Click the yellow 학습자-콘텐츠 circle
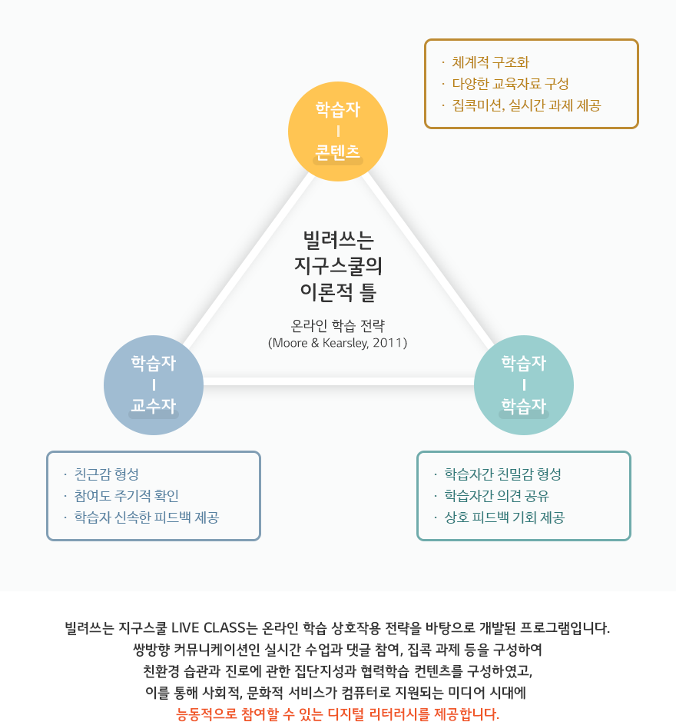(x=338, y=131)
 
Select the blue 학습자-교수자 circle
(x=154, y=385)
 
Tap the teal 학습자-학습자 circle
(x=524, y=385)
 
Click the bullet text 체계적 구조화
(x=491, y=62)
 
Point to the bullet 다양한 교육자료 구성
(x=510, y=84)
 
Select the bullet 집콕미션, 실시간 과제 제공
(x=526, y=105)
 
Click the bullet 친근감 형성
(x=106, y=474)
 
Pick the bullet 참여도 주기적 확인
(x=126, y=495)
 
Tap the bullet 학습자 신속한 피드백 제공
(x=146, y=517)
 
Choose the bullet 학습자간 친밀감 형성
(x=502, y=474)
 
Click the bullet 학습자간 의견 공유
(x=496, y=495)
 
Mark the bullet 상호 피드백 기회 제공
(x=505, y=517)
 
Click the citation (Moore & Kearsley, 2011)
(x=338, y=343)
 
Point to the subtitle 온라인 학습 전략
(x=338, y=325)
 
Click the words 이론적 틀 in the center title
(x=338, y=291)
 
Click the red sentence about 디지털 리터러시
(x=338, y=714)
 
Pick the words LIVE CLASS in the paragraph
(x=208, y=627)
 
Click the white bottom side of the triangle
(x=339, y=381)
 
